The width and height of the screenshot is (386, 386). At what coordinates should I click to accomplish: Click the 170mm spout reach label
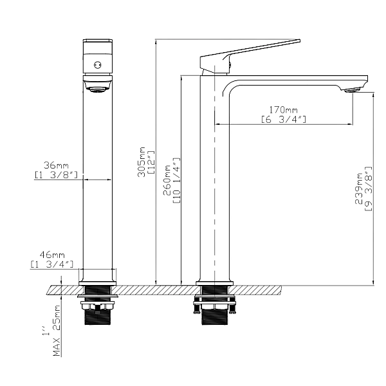(282, 111)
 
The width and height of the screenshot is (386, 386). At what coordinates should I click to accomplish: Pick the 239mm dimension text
(358, 190)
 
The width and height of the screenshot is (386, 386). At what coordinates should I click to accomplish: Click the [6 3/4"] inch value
(283, 120)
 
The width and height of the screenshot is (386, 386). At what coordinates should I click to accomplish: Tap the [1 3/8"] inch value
(55, 174)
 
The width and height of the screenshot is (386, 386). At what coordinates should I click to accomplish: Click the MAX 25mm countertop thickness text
(57, 331)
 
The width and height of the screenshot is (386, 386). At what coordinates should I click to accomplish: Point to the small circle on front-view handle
(98, 64)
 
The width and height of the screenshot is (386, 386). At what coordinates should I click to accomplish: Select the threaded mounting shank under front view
(97, 313)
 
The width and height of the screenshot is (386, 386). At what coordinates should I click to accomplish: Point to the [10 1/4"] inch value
(176, 181)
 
